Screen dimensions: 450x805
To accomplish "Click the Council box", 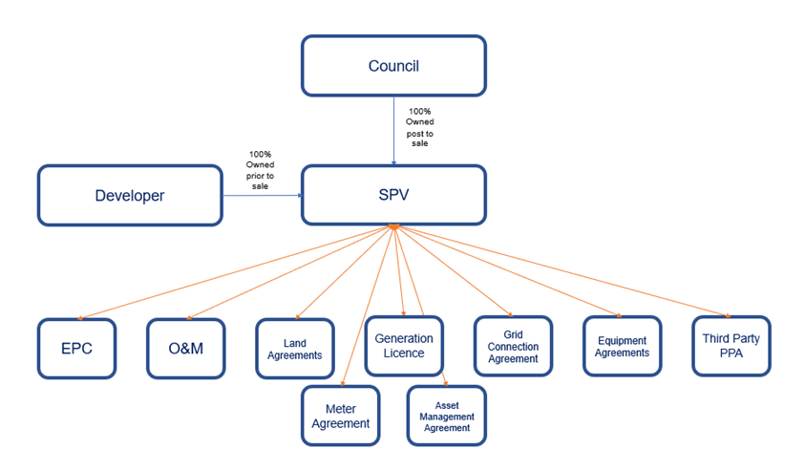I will point(393,66).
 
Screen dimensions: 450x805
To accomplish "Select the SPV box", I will point(393,195).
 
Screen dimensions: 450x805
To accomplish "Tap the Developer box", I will point(130,195).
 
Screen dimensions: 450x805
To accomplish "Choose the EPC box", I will point(76,348).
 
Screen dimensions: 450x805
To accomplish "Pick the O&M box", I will point(185,348).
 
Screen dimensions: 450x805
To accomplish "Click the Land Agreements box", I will point(295,349).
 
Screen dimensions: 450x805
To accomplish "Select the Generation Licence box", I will point(404,345).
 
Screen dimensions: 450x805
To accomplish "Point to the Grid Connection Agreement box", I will point(513,346).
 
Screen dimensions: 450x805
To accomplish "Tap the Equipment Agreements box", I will point(622,346).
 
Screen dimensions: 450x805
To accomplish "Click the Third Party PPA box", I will point(731,346).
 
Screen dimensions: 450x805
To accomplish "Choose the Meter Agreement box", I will point(340,416).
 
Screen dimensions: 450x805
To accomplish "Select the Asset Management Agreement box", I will point(446,416).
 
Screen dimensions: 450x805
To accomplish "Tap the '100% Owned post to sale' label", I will point(420,127).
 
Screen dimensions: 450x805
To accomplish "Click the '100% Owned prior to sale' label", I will point(260,170).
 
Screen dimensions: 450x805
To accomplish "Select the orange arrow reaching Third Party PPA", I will point(563,271).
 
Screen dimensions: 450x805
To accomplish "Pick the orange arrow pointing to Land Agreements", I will point(344,272).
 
